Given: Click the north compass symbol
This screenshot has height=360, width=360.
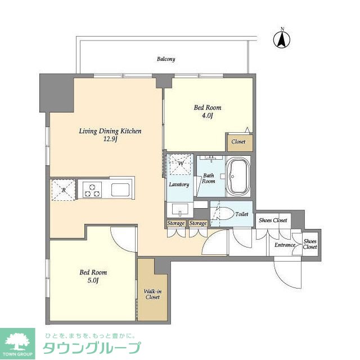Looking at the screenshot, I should point(281,39).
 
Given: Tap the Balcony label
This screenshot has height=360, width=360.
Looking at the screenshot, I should point(166,59).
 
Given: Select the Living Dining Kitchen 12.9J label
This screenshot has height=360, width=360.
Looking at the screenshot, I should point(110,135).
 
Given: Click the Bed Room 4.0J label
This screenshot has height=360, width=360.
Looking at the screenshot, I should point(208,111).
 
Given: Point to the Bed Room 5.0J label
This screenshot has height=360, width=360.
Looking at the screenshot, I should point(93,276).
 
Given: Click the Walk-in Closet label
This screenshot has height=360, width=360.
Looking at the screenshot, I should point(152,293).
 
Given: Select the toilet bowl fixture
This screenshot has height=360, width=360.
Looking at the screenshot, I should point(224,214).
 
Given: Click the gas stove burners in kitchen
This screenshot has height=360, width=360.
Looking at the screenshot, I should point(92,189).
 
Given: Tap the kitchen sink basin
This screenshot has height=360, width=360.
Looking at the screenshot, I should point(121,189).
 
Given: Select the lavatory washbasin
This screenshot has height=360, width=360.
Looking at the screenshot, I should point(179,210).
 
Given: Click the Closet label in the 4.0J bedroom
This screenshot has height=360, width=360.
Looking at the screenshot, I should point(238,142).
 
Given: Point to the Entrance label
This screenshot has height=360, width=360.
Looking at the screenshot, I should point(285,245).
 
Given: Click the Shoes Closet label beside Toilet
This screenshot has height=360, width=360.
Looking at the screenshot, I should point(273,220).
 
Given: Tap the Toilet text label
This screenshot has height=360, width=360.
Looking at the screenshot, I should point(242,214).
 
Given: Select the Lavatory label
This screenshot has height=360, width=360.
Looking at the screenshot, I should point(179,184).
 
